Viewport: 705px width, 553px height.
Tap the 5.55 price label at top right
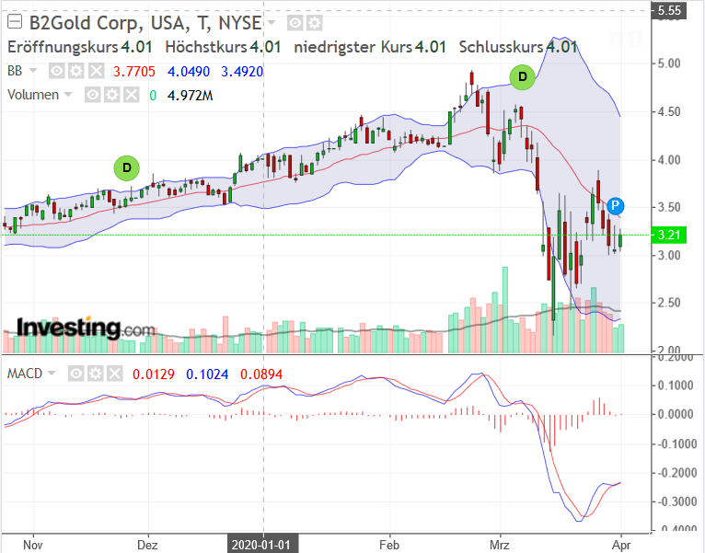(669, 12)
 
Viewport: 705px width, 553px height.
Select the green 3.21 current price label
(669, 236)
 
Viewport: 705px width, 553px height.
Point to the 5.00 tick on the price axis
(669, 64)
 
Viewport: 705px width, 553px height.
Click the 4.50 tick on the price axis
(669, 112)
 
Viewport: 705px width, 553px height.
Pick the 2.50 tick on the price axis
(669, 304)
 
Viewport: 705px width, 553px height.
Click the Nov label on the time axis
(33, 543)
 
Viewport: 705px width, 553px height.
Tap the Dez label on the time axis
(147, 543)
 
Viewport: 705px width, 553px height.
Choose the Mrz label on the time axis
(500, 543)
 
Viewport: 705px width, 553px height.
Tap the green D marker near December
(126, 167)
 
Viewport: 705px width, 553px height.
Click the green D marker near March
(523, 77)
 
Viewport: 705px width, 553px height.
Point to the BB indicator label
(16, 71)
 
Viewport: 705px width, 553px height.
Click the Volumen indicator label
(33, 95)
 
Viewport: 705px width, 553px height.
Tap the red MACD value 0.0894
(262, 374)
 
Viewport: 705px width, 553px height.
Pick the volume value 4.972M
(191, 95)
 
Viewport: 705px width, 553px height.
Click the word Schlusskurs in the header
(501, 47)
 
